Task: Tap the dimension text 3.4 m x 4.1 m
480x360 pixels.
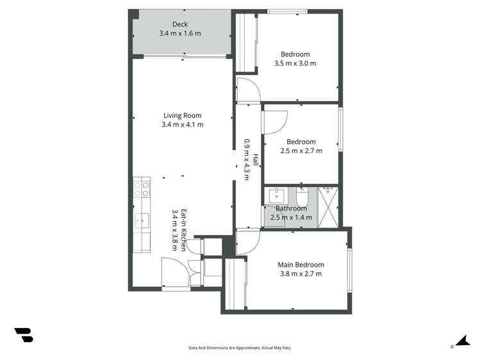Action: [182, 125]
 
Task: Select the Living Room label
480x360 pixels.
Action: [182, 115]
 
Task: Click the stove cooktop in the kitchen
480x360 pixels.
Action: [142, 189]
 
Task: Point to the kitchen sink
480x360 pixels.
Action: [141, 222]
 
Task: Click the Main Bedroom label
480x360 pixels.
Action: [301, 265]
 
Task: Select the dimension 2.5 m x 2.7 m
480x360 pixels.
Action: [301, 151]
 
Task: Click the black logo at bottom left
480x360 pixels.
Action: [23, 334]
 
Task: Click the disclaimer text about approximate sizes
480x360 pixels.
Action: [239, 348]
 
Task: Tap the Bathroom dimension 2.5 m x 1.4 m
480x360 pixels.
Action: [291, 218]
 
